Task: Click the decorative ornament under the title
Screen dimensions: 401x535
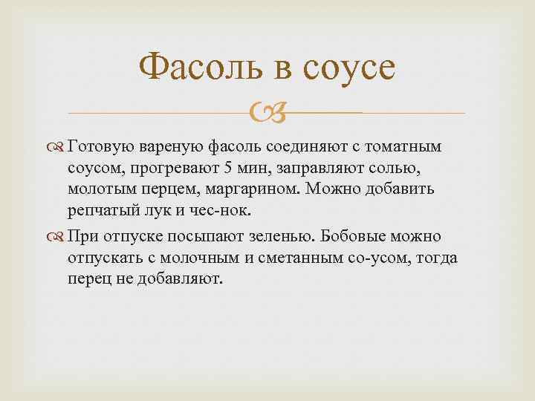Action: point(267,114)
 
